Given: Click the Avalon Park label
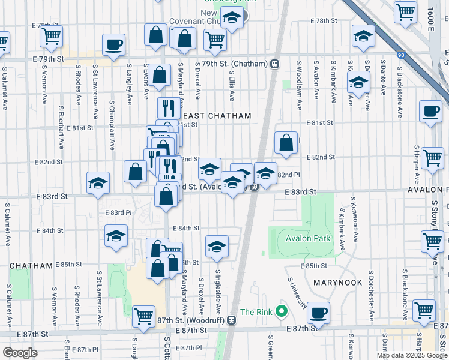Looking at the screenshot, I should pos(309,238).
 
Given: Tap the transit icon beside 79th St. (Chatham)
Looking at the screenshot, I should pos(274,64).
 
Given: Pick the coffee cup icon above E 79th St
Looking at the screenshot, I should pos(113,44).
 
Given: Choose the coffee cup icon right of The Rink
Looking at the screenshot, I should pos(319,313).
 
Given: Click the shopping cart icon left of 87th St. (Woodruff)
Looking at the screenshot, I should pos(143,315).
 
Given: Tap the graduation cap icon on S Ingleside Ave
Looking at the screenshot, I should pos(217,246).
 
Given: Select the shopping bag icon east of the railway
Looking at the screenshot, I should pos(286,143).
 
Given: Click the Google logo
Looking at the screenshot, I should pos(20,353).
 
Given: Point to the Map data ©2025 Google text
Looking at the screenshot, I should pos(412,355).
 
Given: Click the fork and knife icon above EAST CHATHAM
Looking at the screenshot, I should pos(169,108).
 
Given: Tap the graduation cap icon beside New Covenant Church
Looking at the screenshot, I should pos(232,19).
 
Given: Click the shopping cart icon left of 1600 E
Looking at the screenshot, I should pos(405,11).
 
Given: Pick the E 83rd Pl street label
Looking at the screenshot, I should pos(118,212).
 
